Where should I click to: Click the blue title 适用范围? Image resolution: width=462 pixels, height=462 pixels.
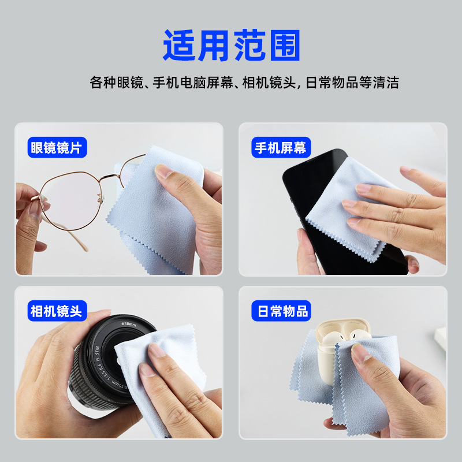[x=232, y=45]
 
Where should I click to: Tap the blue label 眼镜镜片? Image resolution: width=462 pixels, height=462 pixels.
[x=57, y=147]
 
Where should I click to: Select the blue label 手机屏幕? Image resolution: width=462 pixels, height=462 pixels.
[x=281, y=147]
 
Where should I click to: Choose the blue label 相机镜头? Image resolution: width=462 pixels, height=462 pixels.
[x=57, y=311]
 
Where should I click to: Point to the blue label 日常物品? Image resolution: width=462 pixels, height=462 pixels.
[x=281, y=311]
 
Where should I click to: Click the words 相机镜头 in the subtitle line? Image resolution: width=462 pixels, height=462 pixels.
[x=269, y=83]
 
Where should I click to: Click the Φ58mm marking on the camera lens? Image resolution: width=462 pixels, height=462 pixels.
[x=129, y=324]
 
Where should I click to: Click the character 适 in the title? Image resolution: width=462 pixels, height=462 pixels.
[x=179, y=45]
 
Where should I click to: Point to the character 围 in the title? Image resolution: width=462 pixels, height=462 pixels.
[x=285, y=45]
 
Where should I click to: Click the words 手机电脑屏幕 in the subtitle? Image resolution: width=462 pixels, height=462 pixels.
[x=193, y=83]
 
